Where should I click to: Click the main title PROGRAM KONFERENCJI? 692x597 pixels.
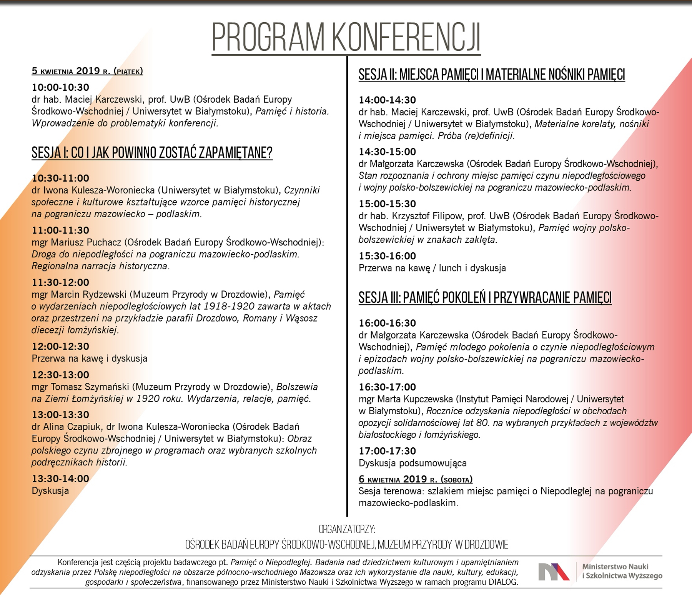tap(346, 37)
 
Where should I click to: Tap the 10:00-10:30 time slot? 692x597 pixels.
tap(60, 87)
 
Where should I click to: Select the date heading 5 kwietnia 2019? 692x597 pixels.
tap(87, 71)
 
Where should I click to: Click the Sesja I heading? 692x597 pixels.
tap(152, 153)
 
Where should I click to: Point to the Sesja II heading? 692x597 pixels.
tap(492, 74)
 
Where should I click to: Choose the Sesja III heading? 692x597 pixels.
tap(485, 297)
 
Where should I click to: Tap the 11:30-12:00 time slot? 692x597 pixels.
tap(60, 282)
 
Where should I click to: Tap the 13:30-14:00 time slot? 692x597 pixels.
tap(60, 479)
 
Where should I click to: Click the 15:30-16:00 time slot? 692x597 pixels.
tap(387, 256)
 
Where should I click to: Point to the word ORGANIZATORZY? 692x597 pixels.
tap(347, 529)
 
